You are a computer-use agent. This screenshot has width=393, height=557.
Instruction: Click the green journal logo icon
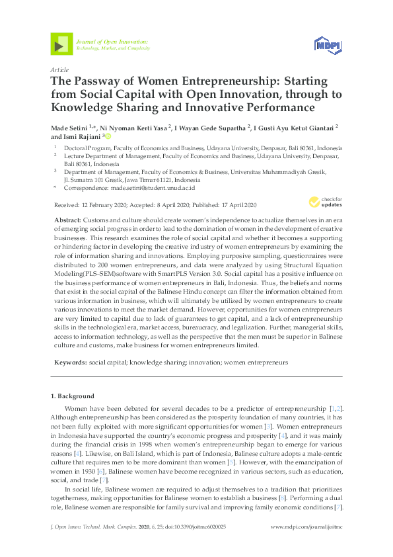click(x=61, y=44)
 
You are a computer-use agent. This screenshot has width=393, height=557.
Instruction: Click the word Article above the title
click(x=60, y=69)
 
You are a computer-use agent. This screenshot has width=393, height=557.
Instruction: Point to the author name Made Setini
click(x=67, y=126)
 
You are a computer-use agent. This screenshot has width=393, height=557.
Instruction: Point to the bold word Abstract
click(x=67, y=219)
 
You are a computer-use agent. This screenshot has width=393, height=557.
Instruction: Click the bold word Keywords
click(x=69, y=363)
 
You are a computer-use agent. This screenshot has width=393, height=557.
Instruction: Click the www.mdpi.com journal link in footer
click(x=307, y=527)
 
